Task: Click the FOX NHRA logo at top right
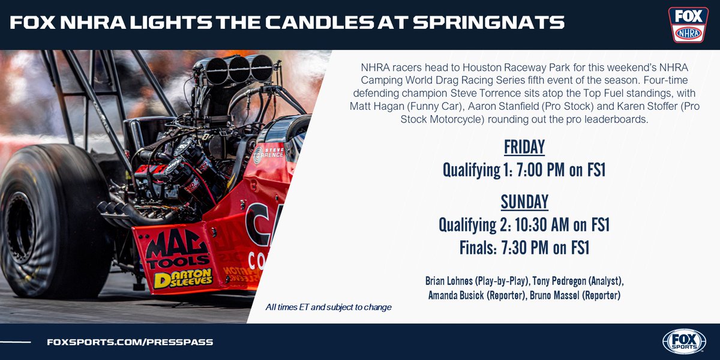[x=688, y=25]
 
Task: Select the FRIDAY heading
[x=524, y=148]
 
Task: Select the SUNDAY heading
[x=524, y=202]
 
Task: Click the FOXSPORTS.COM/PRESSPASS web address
[x=130, y=342]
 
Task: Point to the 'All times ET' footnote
[x=329, y=307]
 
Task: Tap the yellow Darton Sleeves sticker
[x=182, y=278]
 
